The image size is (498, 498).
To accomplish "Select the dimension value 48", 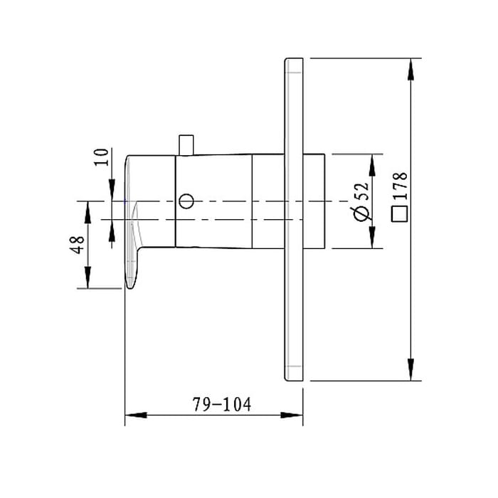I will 79,245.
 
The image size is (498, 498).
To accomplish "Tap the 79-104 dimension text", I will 221,405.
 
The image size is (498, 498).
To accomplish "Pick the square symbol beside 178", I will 400,214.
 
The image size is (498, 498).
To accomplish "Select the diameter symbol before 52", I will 361,213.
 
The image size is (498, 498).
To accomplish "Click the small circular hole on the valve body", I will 186,201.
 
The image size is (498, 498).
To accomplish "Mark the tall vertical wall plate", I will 295,219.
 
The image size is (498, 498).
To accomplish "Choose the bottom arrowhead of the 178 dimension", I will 410,369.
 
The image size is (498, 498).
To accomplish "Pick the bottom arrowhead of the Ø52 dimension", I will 371,239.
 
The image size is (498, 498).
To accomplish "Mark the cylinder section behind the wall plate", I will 315,201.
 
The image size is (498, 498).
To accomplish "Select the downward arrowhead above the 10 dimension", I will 112,191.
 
